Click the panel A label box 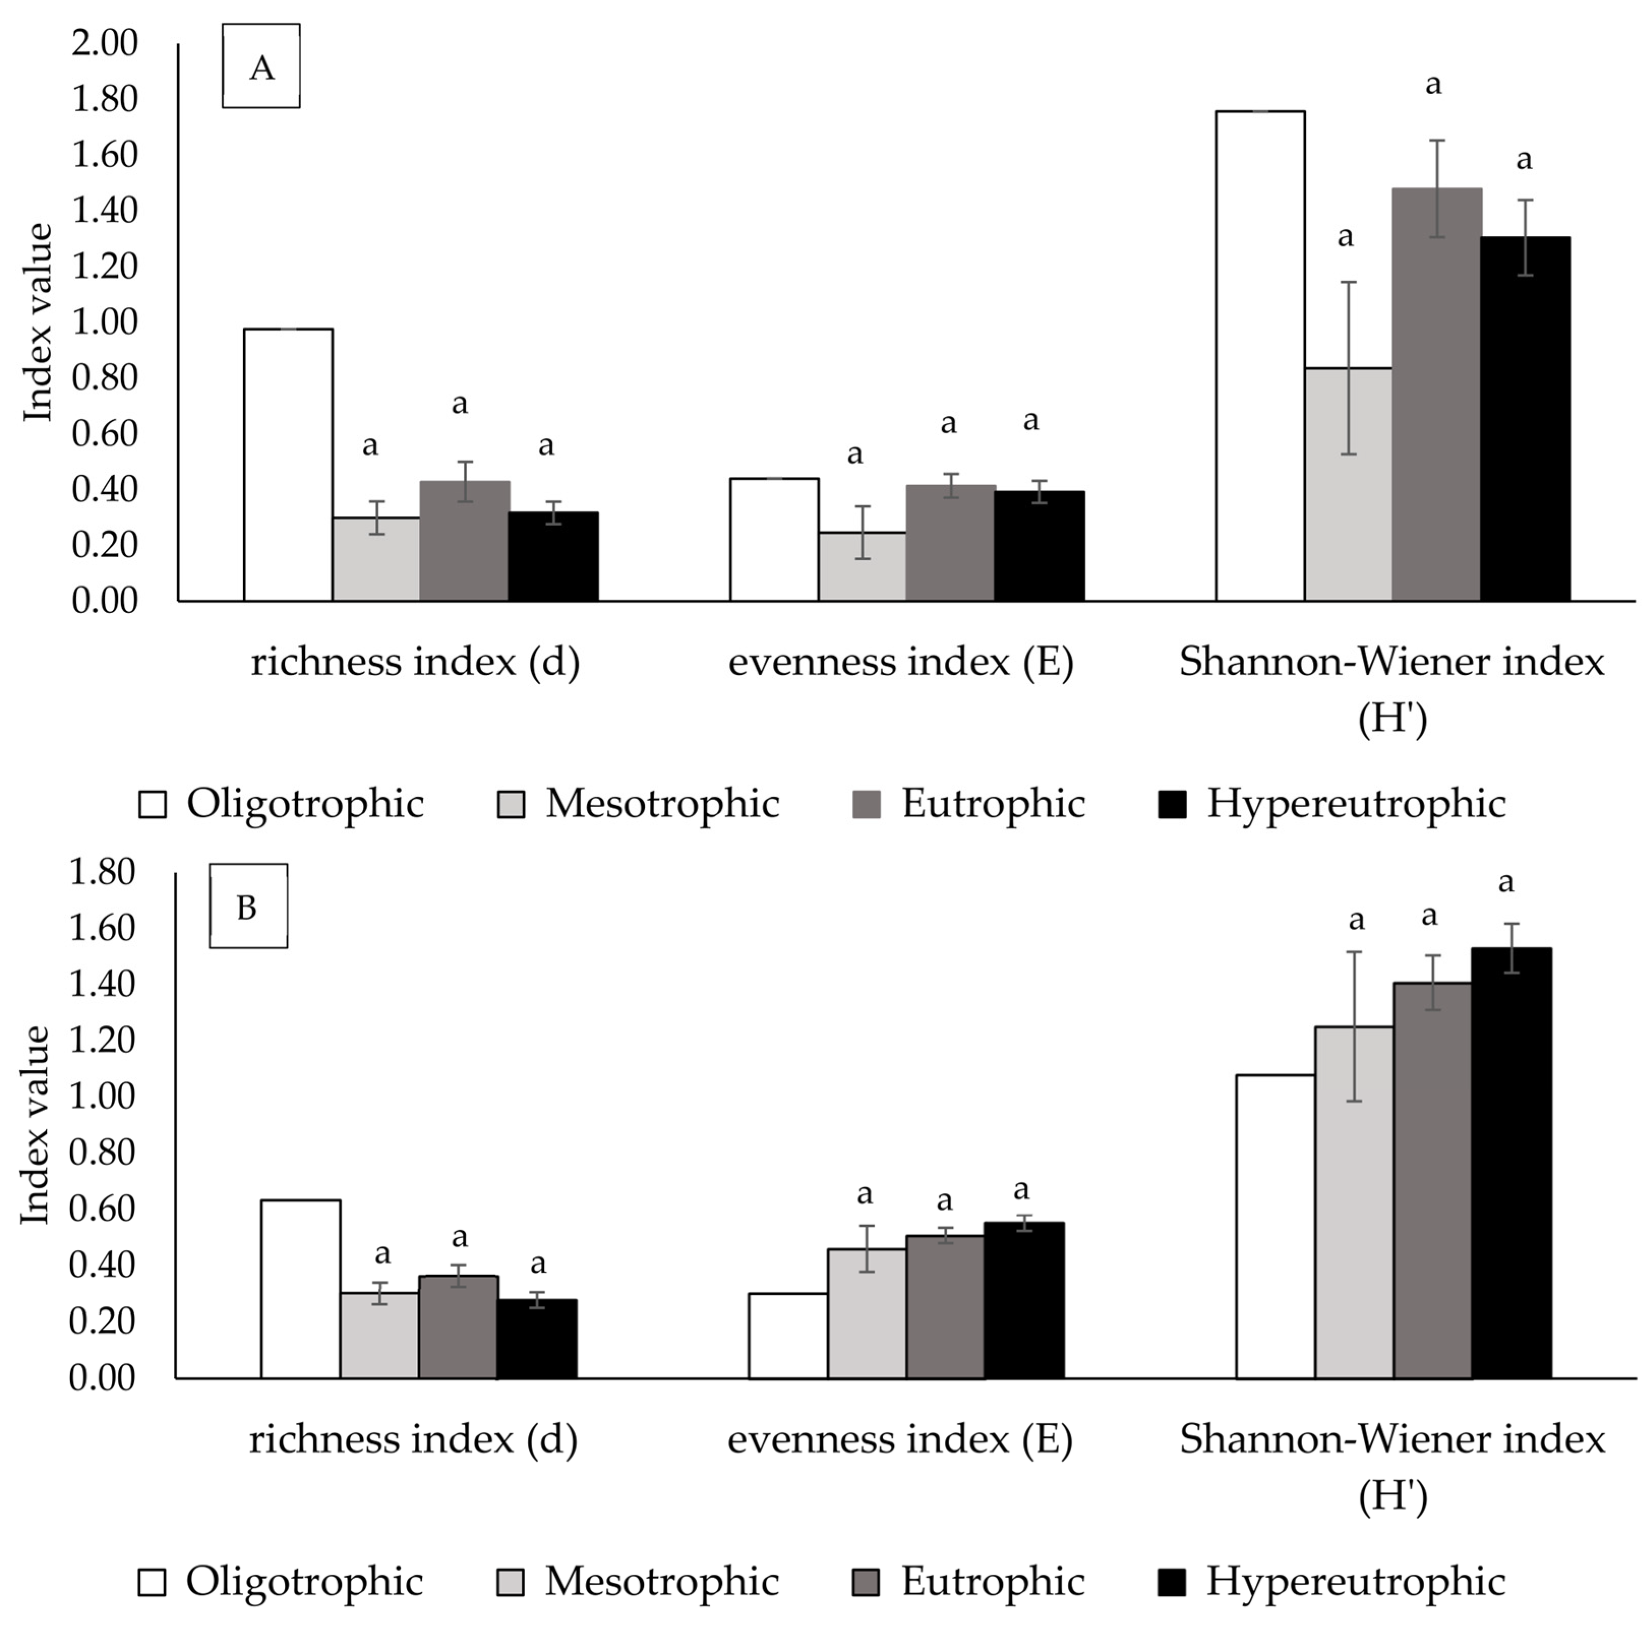coord(260,66)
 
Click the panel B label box coord(248,906)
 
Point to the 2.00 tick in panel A coord(104,43)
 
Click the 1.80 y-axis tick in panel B coord(103,872)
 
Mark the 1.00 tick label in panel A coord(104,322)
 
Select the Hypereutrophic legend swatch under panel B coord(1173,1582)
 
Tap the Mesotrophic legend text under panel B coord(662,1582)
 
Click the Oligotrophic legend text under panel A coord(305,804)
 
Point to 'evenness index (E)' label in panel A coord(900,662)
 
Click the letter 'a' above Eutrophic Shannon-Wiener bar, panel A coord(1434,84)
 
